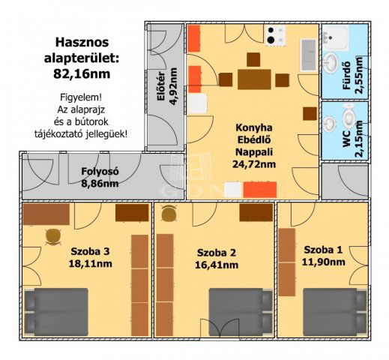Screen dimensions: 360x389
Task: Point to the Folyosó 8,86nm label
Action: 100,175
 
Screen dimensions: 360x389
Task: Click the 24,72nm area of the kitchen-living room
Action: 253,163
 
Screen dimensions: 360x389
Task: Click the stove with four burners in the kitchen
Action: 277,35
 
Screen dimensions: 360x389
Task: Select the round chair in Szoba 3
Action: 52,236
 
